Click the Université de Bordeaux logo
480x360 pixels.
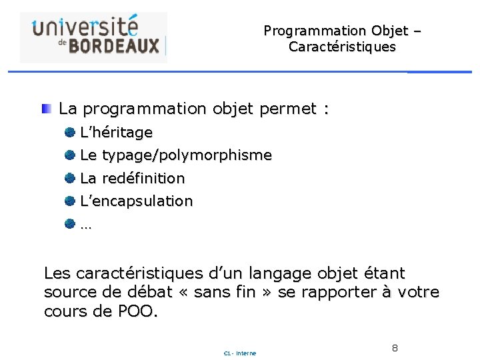coord(93,37)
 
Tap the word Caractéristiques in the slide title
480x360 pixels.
coord(342,47)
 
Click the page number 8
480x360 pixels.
coord(395,348)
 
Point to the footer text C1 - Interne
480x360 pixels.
coord(240,353)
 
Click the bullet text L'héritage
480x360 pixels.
coord(116,133)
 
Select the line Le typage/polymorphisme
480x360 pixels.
coord(176,155)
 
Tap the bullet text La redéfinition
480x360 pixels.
coord(132,178)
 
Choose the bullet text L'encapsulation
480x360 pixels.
coord(136,201)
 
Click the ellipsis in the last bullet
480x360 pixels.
coord(86,225)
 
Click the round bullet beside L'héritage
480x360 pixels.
coord(69,132)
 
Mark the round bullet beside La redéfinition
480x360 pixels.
coord(69,178)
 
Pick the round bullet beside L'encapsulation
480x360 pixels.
coord(69,201)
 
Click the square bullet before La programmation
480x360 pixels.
coord(47,108)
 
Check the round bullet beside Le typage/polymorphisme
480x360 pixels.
coord(69,155)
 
